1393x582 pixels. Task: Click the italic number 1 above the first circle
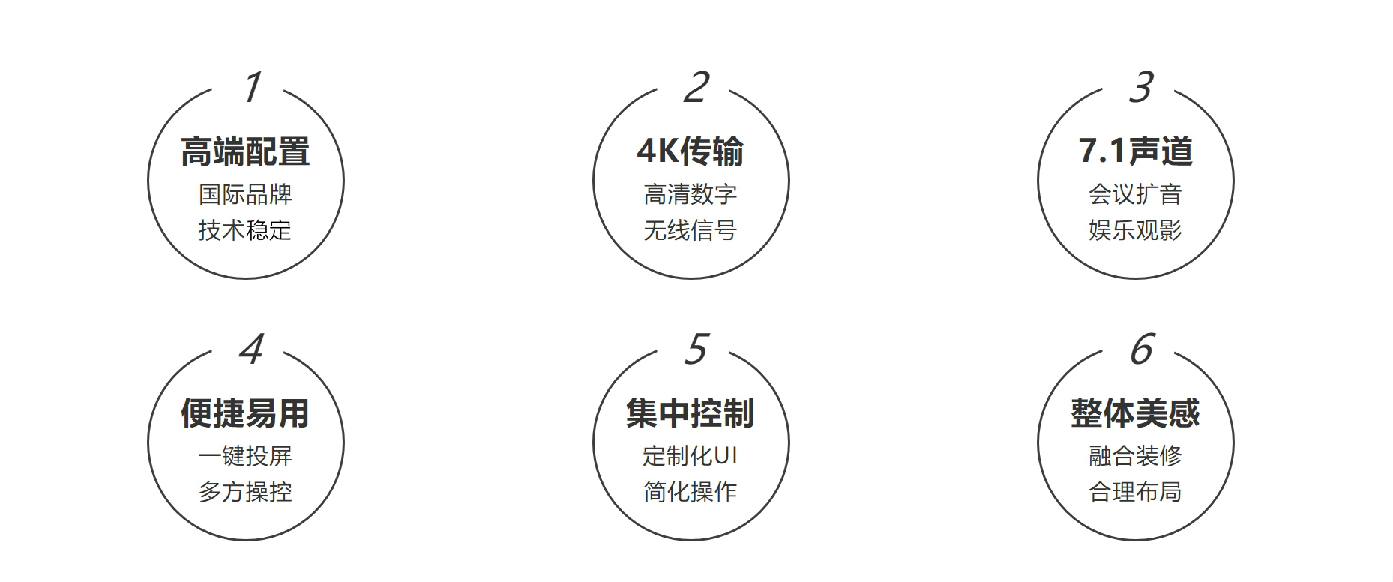coord(253,87)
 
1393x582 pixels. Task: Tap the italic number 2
coord(696,87)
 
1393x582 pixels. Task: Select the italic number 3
coord(1141,87)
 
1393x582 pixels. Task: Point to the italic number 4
coord(251,349)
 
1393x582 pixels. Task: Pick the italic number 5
coord(696,349)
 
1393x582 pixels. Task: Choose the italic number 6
coord(1142,349)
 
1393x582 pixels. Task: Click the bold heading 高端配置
coord(245,151)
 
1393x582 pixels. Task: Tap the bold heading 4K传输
coord(691,151)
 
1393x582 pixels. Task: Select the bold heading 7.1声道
coord(1135,151)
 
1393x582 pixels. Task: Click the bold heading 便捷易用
coord(245,413)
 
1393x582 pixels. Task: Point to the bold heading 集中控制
coord(691,413)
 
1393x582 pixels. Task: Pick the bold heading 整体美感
coord(1135,413)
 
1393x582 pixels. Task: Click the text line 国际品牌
coord(245,194)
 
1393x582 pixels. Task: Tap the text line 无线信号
coord(691,229)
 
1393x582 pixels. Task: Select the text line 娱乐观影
coord(1135,229)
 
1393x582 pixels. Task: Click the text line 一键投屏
coord(245,456)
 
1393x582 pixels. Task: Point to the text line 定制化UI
coord(691,456)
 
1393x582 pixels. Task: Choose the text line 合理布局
coord(1135,492)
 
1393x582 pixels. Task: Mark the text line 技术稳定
coord(245,229)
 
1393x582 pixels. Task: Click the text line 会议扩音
coord(1135,194)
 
